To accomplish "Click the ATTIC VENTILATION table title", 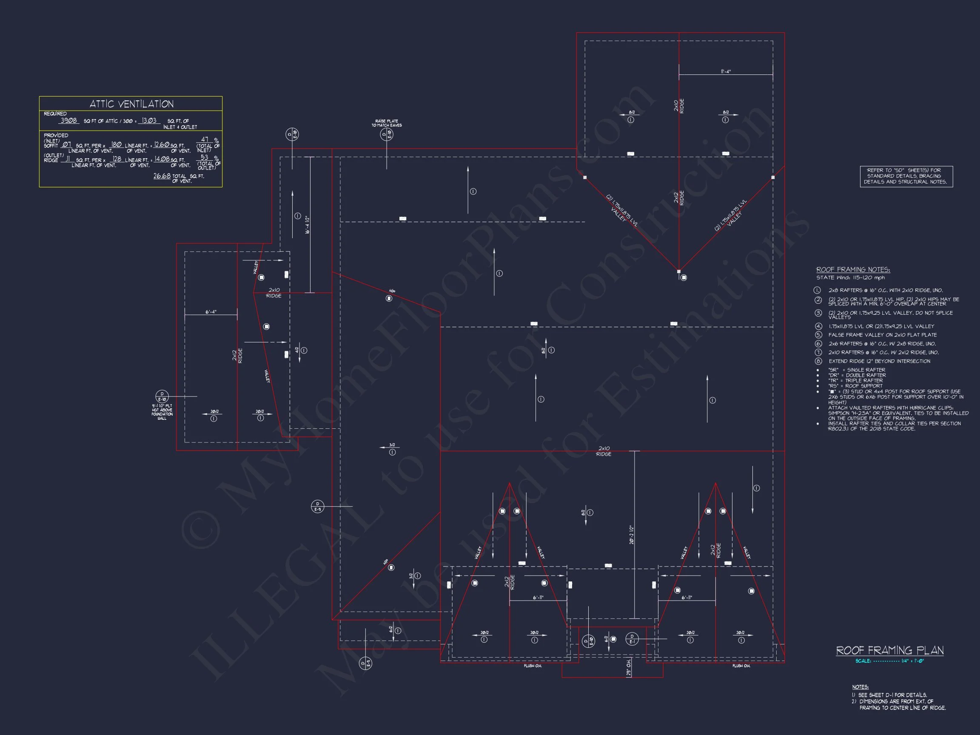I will coord(131,104).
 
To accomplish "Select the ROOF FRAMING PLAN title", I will coord(890,650).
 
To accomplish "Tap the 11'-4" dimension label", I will coord(726,71).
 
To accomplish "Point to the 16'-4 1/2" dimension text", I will coord(307,225).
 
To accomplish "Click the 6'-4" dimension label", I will coord(211,312).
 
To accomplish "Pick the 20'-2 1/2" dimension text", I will coord(631,535).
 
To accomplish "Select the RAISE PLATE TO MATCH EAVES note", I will coord(386,123).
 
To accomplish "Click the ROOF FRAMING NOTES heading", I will coord(853,269).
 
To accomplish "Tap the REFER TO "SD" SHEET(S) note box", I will coord(906,176).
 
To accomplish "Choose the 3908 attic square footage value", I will coord(68,120).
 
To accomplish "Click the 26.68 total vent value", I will coord(162,176).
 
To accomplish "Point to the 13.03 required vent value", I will coord(149,120).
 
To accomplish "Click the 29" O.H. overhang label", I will coord(629,667).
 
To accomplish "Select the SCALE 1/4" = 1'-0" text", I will coord(890,661).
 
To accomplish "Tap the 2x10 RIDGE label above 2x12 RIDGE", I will coord(679,106).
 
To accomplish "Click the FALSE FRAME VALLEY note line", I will coord(882,335).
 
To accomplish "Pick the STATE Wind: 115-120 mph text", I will coord(851,278).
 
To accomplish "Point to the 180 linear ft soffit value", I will coord(116,145).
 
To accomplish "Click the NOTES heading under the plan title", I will coord(860,687).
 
